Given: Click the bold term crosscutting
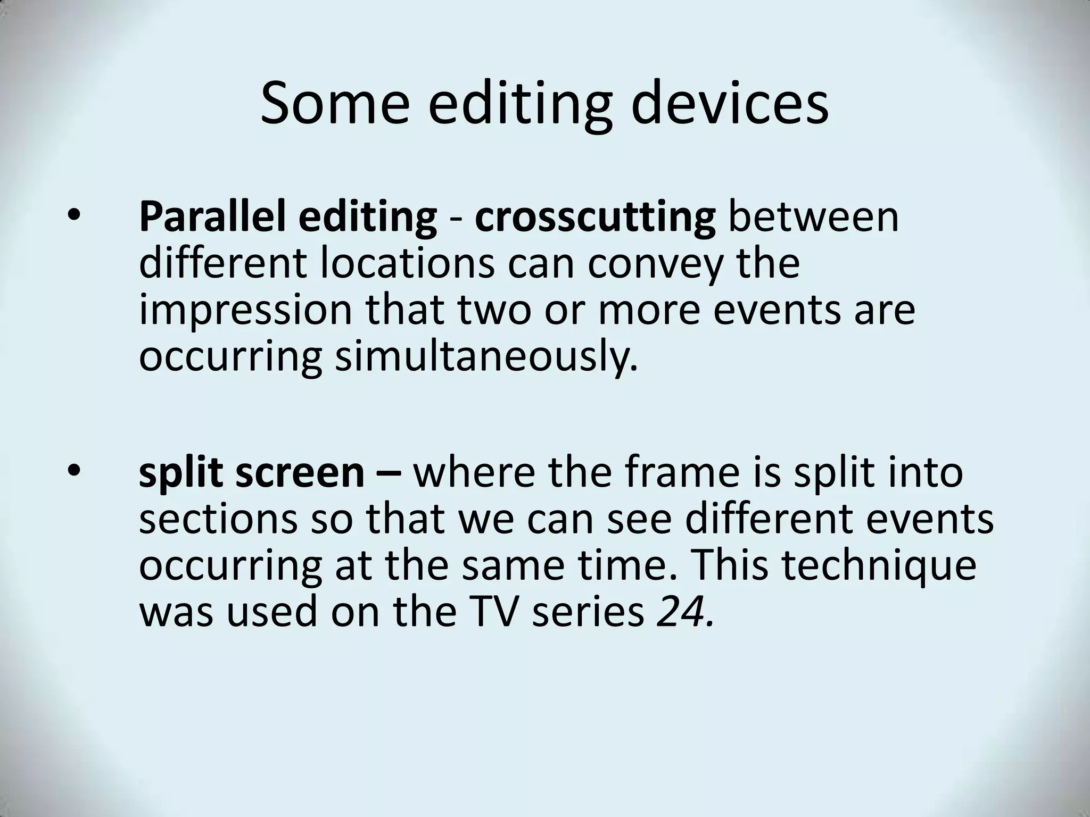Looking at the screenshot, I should tap(595, 218).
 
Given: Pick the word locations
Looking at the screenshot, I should tap(407, 263).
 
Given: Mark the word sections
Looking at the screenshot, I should tap(218, 519).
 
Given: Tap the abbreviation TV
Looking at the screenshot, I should tap(495, 611).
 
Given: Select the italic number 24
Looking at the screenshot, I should tap(684, 611).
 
